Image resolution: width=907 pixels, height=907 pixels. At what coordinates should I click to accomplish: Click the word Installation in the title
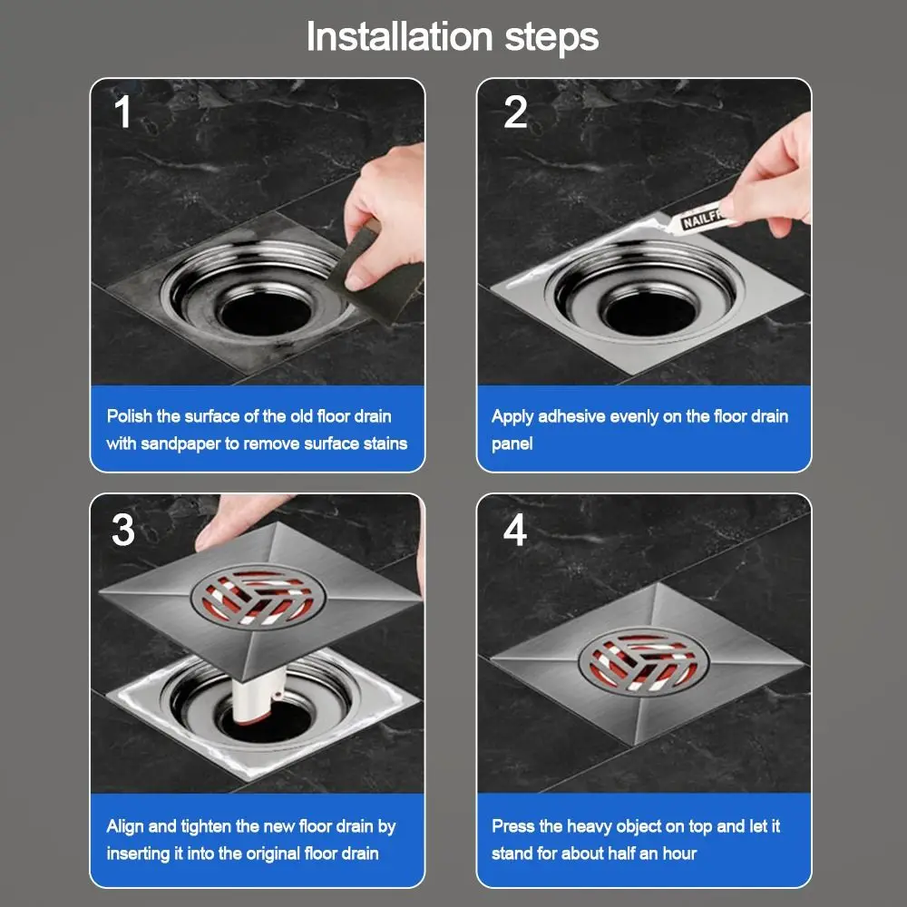click(x=399, y=36)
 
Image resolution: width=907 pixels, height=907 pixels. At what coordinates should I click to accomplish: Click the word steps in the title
click(x=551, y=39)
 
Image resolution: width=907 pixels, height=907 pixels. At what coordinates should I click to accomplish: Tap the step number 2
click(x=515, y=112)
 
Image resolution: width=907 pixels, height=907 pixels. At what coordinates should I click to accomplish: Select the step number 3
click(x=122, y=530)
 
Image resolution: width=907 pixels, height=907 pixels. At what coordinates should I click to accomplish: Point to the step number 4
click(x=515, y=530)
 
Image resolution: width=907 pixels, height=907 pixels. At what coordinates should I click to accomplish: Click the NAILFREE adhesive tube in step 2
click(x=697, y=219)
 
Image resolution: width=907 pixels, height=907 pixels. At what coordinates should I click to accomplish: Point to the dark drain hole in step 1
click(x=266, y=313)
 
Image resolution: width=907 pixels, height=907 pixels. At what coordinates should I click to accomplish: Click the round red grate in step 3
click(x=258, y=597)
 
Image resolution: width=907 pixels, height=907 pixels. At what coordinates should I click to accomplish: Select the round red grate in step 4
click(x=643, y=661)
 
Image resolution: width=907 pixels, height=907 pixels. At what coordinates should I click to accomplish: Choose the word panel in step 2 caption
click(x=512, y=444)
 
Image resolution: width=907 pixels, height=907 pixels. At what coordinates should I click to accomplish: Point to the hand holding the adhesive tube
click(x=772, y=180)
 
